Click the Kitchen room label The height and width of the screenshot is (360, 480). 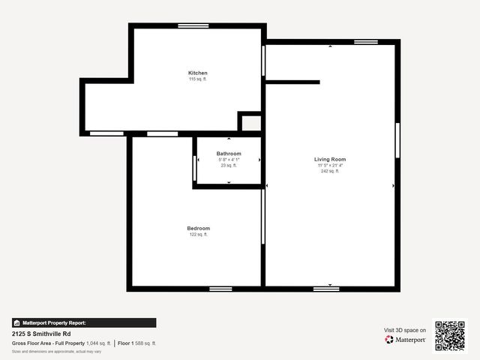click(x=197, y=73)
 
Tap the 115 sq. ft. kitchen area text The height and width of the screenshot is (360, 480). click(x=197, y=79)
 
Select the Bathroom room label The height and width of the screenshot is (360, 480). click(x=229, y=153)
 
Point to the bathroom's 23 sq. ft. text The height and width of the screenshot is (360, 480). click(x=229, y=165)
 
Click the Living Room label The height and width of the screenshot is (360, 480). click(x=330, y=159)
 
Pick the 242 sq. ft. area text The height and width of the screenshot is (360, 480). click(x=330, y=171)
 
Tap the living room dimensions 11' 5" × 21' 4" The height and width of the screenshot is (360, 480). click(x=330, y=165)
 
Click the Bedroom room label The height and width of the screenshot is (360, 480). click(x=199, y=228)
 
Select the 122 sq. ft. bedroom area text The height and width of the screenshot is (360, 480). click(x=199, y=234)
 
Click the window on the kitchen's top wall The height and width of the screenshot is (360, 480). click(x=193, y=26)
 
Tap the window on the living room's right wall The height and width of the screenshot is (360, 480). click(x=397, y=140)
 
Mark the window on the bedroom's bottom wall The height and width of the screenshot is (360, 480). click(x=220, y=289)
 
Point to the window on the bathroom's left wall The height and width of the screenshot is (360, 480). click(x=194, y=168)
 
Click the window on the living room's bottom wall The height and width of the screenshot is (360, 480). click(x=326, y=289)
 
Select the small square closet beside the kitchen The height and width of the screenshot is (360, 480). click(x=250, y=123)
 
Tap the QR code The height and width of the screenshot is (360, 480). click(x=450, y=335)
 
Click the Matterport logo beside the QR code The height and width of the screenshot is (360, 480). click(x=406, y=340)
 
